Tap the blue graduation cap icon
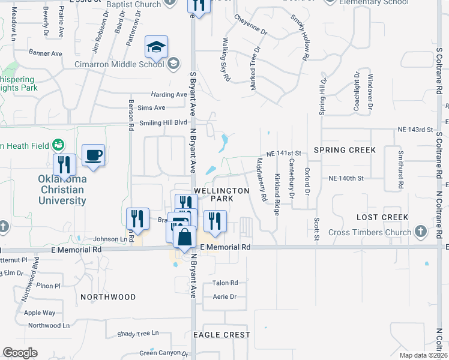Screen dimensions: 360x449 pyautogui.click(x=156, y=47)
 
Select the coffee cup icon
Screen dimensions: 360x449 pyautogui.click(x=92, y=156)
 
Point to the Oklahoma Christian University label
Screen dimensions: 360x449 pyautogui.click(x=62, y=190)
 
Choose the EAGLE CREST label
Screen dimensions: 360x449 pyautogui.click(x=223, y=335)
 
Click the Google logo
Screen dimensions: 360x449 pyautogui.click(x=20, y=353)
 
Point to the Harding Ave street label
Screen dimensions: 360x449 pyautogui.click(x=169, y=95)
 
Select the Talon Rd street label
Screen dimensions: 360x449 pyautogui.click(x=225, y=283)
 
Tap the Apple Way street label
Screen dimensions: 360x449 pyautogui.click(x=40, y=313)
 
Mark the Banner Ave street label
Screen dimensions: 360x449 pyautogui.click(x=46, y=53)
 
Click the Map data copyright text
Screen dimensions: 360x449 pyautogui.click(x=423, y=355)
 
